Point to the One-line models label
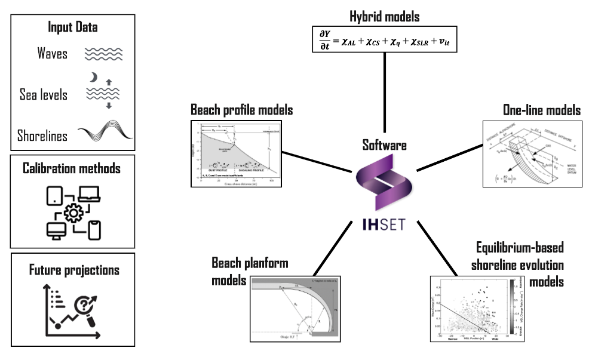[x=542, y=110]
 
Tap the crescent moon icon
[x=94, y=78]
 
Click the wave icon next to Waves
[x=103, y=54]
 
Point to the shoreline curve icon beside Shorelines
[x=103, y=133]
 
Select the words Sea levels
[x=44, y=94]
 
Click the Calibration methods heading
[x=73, y=169]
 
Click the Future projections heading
[x=73, y=270]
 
